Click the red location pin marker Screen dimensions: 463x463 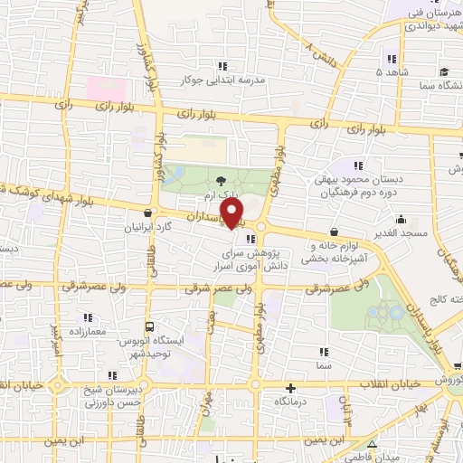(x=234, y=213)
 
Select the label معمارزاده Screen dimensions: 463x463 (x=87, y=332)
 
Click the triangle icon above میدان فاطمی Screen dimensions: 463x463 (x=374, y=442)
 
